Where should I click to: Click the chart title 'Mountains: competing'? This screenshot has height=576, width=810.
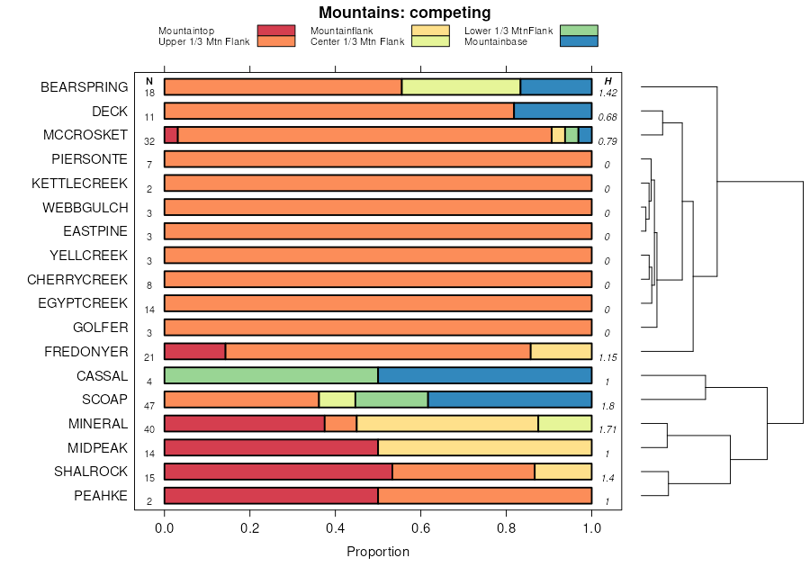405,13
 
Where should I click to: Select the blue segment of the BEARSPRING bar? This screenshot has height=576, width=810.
556,86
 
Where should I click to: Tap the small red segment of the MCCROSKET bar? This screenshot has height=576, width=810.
171,135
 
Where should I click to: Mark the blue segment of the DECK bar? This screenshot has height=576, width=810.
553,111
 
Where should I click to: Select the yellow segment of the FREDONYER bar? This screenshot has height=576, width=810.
561,351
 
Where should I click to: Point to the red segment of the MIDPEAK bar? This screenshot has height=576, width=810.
271,447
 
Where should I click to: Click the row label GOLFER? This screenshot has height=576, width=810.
103,328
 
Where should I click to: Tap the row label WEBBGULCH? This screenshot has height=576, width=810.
85,207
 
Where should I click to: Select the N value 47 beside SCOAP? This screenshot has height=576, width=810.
149,405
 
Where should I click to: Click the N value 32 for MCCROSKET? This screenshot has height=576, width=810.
149,141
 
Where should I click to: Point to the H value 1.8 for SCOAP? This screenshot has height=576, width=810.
608,405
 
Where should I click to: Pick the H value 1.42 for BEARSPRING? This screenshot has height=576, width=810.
608,93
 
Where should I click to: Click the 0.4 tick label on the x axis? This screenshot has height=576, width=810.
336,528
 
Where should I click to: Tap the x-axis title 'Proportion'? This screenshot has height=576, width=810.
378,552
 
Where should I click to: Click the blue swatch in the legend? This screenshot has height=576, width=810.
579,41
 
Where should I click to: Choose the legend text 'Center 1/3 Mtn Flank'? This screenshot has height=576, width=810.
357,41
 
